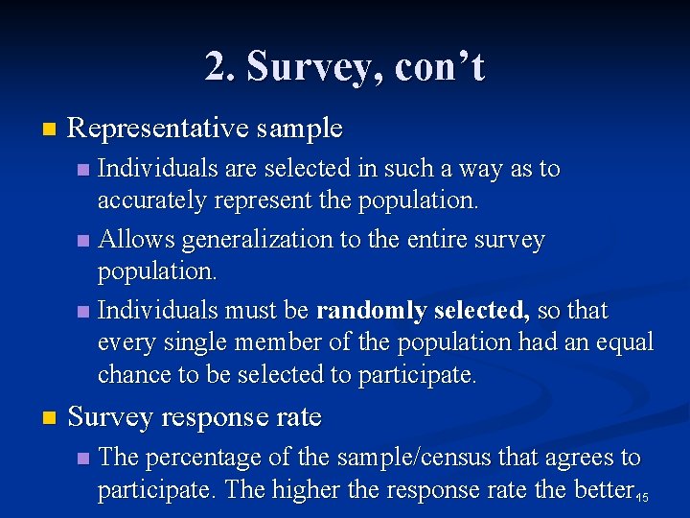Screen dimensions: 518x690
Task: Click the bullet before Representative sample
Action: click(50, 129)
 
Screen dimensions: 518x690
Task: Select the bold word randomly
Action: click(371, 311)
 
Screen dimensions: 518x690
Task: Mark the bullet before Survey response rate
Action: click(50, 418)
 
